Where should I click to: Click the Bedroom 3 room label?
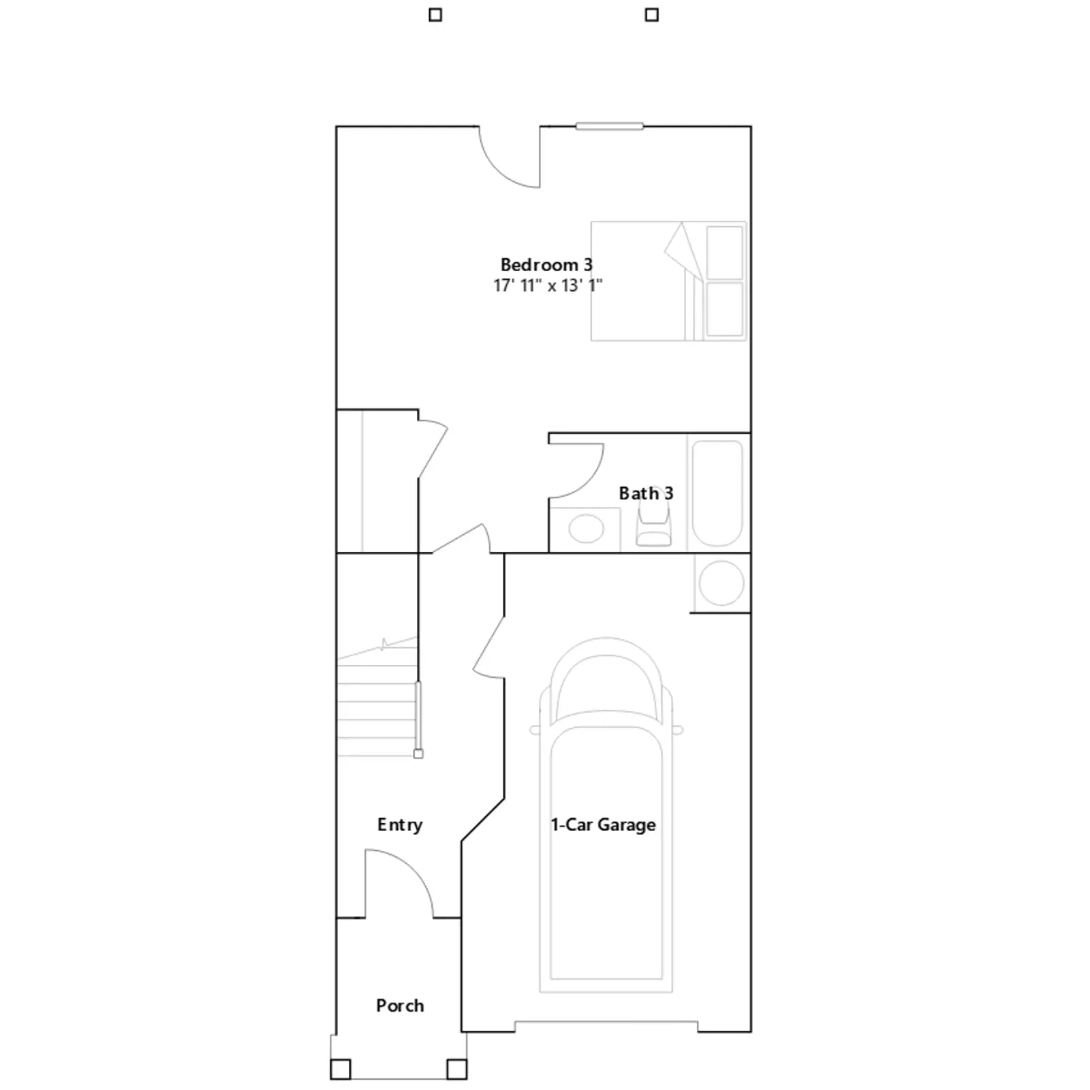coord(546,264)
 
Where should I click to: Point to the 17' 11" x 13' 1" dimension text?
coord(548,285)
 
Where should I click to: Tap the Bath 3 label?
coord(646,493)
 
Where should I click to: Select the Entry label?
coord(400,825)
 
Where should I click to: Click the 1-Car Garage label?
coord(603,825)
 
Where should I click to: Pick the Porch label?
coord(400,1006)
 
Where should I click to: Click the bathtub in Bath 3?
coord(717,493)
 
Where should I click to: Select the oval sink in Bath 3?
coord(586,529)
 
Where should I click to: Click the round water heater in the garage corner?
coord(721,583)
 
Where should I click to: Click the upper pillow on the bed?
coord(725,253)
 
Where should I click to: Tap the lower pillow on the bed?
coord(725,309)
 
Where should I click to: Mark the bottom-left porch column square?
coord(341,1069)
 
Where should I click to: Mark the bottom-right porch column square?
coord(456,1069)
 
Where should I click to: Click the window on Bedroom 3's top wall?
coord(609,126)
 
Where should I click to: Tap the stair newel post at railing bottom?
coord(418,753)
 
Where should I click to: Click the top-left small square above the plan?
coord(435,15)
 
